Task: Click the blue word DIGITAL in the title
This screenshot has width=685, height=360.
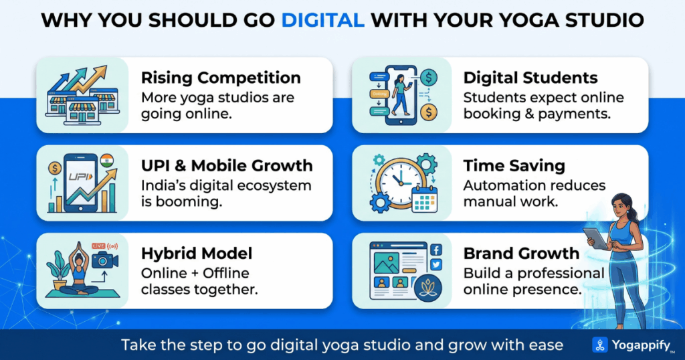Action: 322,20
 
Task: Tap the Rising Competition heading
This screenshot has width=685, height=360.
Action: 221,78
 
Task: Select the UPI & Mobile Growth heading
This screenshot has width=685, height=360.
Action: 227,165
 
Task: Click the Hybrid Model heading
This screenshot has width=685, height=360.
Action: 197,254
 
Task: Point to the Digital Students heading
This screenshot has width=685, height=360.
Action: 530,78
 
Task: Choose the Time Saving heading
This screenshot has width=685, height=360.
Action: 514,165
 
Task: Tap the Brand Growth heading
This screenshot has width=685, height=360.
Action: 521,254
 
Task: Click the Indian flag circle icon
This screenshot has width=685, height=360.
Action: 106,161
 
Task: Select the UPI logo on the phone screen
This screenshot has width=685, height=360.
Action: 80,177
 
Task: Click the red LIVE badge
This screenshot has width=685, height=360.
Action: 99,246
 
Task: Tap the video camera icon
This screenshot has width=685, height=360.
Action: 105,260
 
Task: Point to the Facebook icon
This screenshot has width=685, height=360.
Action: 436,250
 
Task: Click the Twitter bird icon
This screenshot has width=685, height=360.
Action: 436,264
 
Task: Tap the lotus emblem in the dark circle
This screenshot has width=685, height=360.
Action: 428,288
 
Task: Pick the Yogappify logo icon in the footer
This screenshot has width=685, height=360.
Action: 600,345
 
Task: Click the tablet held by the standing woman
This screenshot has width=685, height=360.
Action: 595,238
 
